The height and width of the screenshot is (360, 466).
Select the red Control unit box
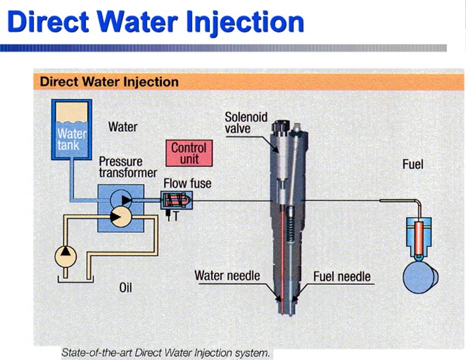click(189, 153)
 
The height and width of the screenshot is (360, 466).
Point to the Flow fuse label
click(187, 182)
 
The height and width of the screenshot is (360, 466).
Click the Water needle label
click(227, 275)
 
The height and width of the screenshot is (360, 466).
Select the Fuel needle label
click(341, 276)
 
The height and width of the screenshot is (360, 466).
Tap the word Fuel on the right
click(412, 164)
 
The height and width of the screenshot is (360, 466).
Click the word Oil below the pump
click(125, 287)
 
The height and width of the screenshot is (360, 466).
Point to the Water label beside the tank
click(123, 128)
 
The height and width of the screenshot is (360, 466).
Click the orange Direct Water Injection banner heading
click(109, 82)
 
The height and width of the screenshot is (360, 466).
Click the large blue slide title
click(156, 23)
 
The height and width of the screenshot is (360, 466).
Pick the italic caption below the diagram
click(166, 352)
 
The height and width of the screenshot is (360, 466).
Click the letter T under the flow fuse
click(177, 215)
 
